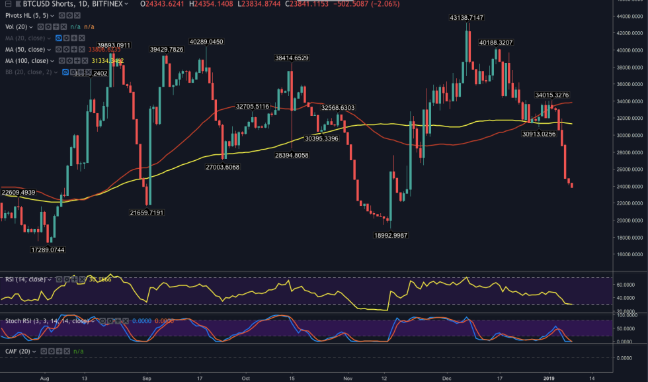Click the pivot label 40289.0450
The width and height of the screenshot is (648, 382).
206,42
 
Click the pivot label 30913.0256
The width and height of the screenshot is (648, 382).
539,134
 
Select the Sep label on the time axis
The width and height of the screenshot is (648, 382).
147,378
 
